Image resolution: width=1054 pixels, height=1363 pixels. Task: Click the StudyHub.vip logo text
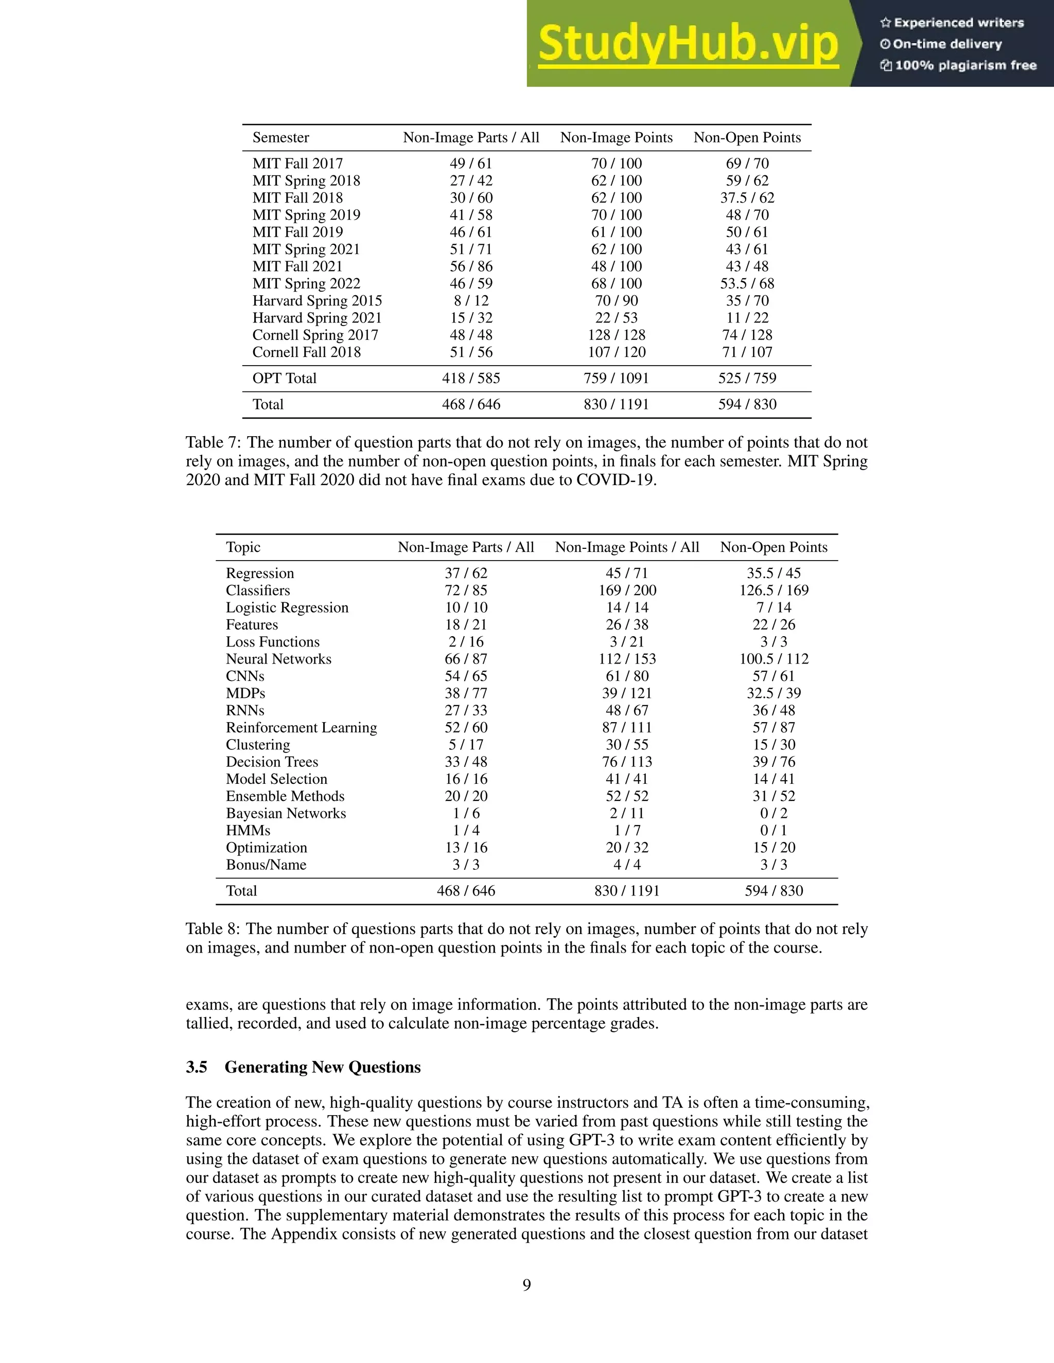[688, 44]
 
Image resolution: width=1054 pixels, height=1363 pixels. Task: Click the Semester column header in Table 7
[280, 138]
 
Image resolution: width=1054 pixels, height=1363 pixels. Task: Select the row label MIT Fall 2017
[297, 164]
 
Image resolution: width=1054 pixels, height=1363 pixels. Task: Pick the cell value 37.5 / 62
[747, 198]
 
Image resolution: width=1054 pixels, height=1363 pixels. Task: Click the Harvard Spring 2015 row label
[317, 301]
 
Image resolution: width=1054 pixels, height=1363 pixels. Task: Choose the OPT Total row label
[284, 378]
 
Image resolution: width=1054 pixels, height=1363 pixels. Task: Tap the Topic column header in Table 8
[243, 547]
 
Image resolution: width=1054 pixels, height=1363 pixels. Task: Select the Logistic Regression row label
[287, 608]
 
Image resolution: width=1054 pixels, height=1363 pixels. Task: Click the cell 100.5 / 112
[774, 659]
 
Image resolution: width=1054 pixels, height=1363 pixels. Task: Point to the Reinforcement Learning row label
[301, 728]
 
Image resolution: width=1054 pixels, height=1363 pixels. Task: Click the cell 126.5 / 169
[774, 590]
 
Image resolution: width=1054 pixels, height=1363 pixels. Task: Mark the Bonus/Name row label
[266, 865]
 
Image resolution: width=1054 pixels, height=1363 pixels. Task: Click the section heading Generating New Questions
[322, 1067]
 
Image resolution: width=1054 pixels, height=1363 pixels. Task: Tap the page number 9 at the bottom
[526, 1285]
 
